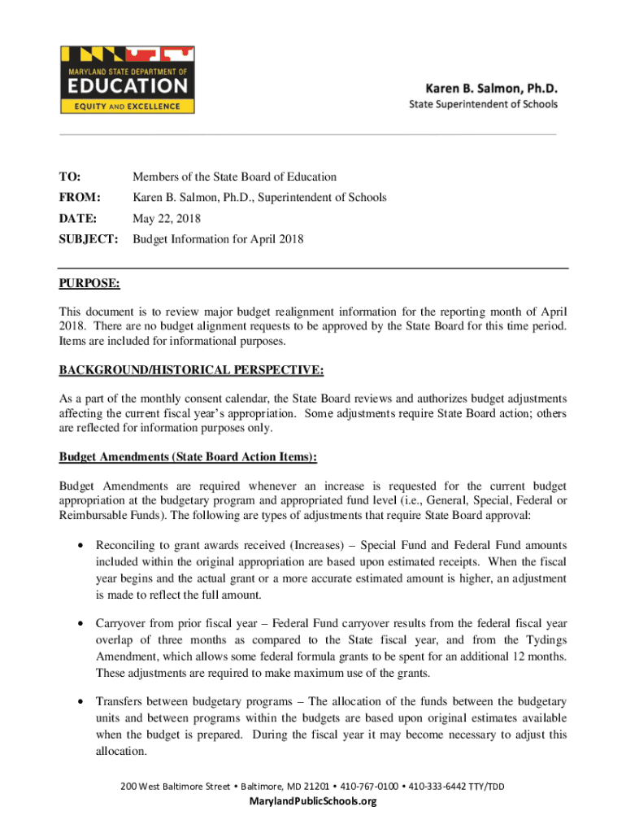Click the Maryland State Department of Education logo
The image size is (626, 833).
pyautogui.click(x=128, y=79)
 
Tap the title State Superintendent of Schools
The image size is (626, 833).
pyautogui.click(x=483, y=104)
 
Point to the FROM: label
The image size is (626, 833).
pyautogui.click(x=80, y=198)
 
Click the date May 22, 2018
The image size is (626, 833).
pyautogui.click(x=167, y=219)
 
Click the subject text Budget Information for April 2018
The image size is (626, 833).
pyautogui.click(x=218, y=239)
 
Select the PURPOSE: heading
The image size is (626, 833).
pyautogui.click(x=89, y=284)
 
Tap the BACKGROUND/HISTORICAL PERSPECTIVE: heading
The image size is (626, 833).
pyautogui.click(x=191, y=371)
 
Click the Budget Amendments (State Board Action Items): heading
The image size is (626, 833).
pyautogui.click(x=188, y=458)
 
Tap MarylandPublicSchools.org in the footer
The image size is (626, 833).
pyautogui.click(x=313, y=801)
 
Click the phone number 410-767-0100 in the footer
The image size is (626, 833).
pyautogui.click(x=370, y=786)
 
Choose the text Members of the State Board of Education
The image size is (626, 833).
pyautogui.click(x=235, y=177)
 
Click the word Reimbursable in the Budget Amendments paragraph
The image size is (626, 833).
pyautogui.click(x=92, y=516)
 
